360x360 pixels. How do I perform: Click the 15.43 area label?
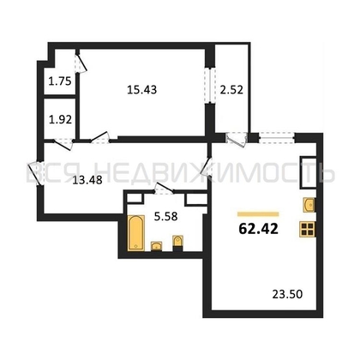pyautogui.click(x=142, y=90)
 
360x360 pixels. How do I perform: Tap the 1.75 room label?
pyautogui.click(x=60, y=81)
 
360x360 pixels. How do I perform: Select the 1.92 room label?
pyautogui.click(x=60, y=119)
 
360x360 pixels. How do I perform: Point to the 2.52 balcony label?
pyautogui.click(x=231, y=90)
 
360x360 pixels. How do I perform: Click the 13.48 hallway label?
pyautogui.click(x=87, y=180)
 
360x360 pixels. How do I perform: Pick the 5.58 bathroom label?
pyautogui.click(x=165, y=217)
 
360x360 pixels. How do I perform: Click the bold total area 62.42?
pyautogui.click(x=258, y=228)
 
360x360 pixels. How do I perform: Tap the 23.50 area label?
pyautogui.click(x=287, y=294)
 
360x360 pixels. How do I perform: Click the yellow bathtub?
pyautogui.click(x=136, y=233)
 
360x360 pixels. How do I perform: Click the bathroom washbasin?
pyautogui.click(x=156, y=246)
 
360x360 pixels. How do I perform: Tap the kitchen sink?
pyautogui.click(x=309, y=205)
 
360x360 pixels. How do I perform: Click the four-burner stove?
pyautogui.click(x=308, y=229)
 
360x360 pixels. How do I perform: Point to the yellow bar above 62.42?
pyautogui.click(x=258, y=213)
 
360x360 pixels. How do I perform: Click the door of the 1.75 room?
pyautogui.click(x=81, y=63)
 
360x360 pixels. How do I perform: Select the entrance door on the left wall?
pyautogui.click(x=35, y=174)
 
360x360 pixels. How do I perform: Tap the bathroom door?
pyautogui.click(x=164, y=189)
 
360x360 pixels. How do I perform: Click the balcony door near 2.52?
pyautogui.click(x=237, y=140)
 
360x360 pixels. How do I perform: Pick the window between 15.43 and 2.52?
pyautogui.click(x=210, y=86)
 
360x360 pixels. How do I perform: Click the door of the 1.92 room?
pyautogui.click(x=63, y=144)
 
